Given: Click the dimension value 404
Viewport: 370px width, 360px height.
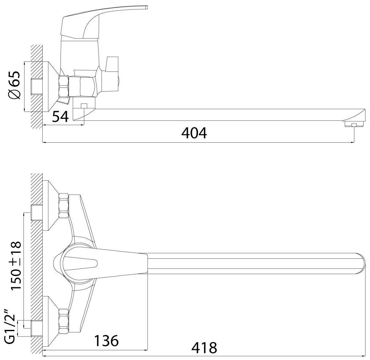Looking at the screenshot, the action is pos(194,133).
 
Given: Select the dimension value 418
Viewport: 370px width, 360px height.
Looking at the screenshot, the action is pos(204,348).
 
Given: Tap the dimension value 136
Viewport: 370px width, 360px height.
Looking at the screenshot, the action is pos(106,341).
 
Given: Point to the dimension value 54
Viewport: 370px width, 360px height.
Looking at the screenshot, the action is pos(61,116).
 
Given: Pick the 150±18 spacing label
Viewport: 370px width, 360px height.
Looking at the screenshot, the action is pos(16,266).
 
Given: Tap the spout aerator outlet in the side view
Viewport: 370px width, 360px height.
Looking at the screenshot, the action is pos(353,124).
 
